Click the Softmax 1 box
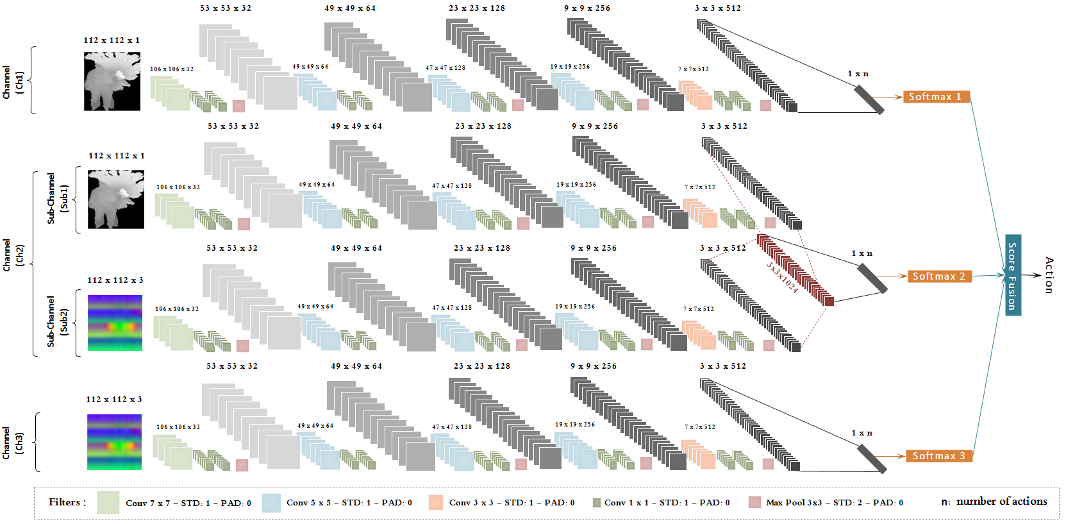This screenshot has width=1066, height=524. click(x=936, y=97)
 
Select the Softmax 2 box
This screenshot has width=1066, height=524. click(x=939, y=276)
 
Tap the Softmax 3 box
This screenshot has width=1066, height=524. click(x=939, y=456)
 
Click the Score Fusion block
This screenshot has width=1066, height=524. click(x=1013, y=275)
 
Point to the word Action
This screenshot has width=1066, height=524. click(x=1049, y=275)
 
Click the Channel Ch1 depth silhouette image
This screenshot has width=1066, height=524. click(x=112, y=81)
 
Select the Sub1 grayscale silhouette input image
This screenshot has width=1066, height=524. click(x=116, y=199)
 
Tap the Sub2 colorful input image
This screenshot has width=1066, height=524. click(x=115, y=323)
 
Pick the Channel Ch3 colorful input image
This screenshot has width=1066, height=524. click(x=114, y=442)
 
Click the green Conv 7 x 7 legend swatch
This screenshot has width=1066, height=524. click(x=108, y=502)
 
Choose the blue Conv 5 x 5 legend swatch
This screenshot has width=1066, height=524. click(x=271, y=503)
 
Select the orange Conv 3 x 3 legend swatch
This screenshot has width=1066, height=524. click(x=436, y=502)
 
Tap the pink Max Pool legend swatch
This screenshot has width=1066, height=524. click(x=754, y=502)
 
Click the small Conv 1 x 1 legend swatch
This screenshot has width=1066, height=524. click(x=597, y=503)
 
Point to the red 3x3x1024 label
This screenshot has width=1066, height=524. click(x=783, y=277)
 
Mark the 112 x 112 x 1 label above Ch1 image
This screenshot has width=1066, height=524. click(x=112, y=40)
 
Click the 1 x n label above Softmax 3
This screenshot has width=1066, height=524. click(x=862, y=433)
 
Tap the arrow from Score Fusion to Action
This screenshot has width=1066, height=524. click(x=1031, y=275)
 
